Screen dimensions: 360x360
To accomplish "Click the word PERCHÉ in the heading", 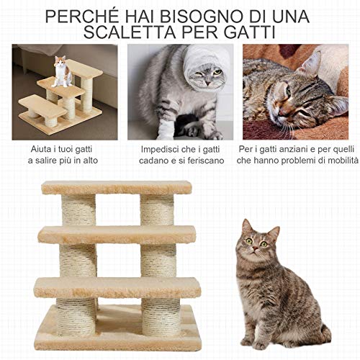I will [86, 15].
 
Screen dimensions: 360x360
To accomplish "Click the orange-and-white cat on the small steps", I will [63, 71].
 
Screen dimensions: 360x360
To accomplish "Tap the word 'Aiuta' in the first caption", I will [29, 148].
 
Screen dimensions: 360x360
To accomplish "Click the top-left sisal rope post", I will [78, 210].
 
